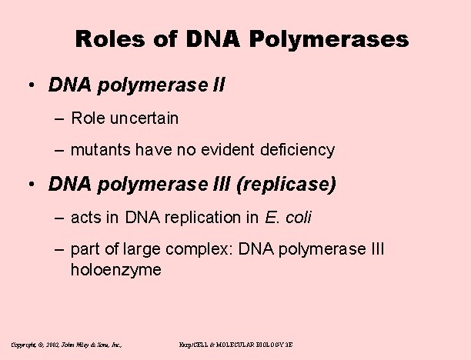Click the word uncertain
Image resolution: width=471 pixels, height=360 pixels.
[145, 118]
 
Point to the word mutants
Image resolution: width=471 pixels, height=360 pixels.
[98, 150]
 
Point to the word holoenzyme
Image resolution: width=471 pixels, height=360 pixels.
[115, 270]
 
